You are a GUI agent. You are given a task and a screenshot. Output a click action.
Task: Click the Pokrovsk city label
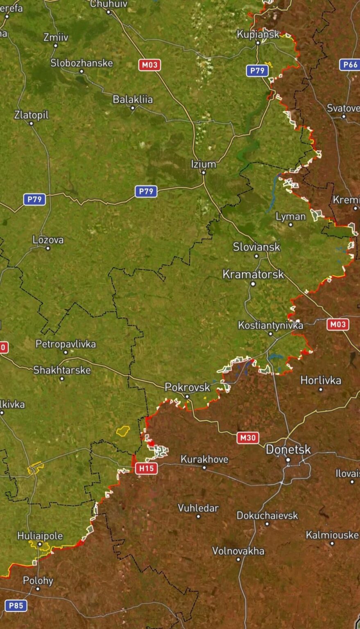click(x=187, y=387)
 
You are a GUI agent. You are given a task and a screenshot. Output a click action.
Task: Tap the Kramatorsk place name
click(x=253, y=274)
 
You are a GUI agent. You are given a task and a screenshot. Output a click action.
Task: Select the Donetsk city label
click(x=288, y=450)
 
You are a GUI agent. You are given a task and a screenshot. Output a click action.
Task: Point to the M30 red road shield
click(x=248, y=438)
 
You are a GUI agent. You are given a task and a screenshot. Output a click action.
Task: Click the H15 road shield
click(x=146, y=468)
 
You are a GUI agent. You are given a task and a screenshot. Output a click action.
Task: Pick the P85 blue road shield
click(x=16, y=606)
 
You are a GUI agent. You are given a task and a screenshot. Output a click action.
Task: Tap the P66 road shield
click(x=350, y=64)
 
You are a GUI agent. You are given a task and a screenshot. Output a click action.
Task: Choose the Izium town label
click(x=204, y=164)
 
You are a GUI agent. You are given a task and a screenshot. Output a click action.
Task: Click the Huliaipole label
click(x=40, y=536)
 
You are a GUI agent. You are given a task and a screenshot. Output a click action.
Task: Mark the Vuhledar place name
click(x=198, y=508)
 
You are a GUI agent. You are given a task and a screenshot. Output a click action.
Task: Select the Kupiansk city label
click(x=258, y=34)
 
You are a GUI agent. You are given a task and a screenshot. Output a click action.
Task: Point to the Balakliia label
click(x=133, y=100)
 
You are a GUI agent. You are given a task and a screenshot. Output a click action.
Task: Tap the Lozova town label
click(x=48, y=240)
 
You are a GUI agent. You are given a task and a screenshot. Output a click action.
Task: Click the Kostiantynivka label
click(x=270, y=325)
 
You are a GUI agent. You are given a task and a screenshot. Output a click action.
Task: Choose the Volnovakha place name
click(x=238, y=551)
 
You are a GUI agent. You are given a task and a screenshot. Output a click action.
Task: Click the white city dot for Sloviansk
click(x=257, y=256)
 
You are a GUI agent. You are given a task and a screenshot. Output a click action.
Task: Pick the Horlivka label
click(x=321, y=380)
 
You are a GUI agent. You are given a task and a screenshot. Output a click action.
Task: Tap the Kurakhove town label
click(x=204, y=459)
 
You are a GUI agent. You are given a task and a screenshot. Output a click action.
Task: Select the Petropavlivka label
click(x=66, y=344)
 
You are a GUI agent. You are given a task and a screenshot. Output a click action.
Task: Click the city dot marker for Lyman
click(x=291, y=224)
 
